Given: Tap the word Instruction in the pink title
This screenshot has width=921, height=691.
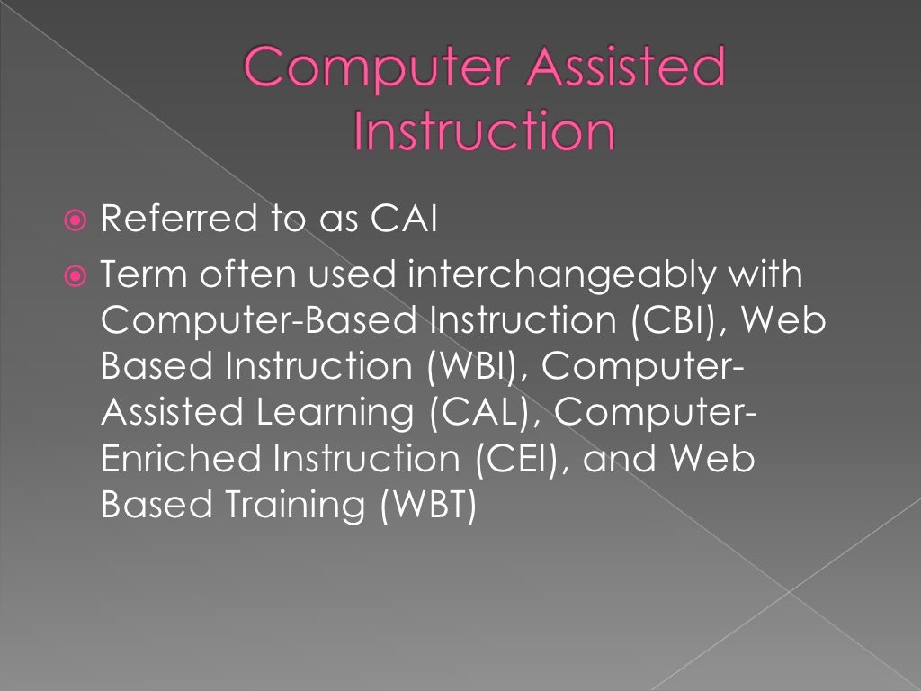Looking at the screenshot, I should coord(485,131).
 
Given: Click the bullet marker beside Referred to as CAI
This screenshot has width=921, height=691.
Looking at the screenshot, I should coord(78,220).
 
